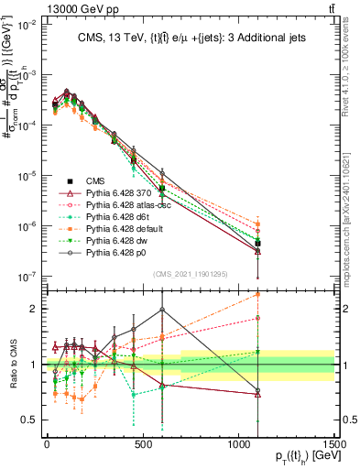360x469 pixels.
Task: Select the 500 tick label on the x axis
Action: click(x=142, y=444)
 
